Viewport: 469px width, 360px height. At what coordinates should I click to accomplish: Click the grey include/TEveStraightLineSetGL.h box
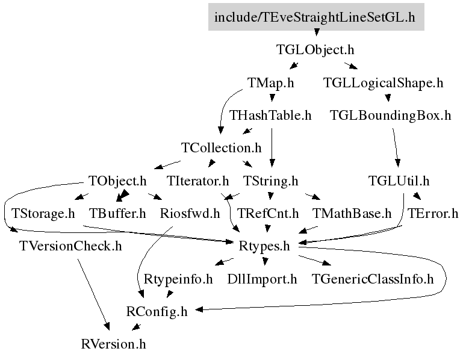coord(316,17)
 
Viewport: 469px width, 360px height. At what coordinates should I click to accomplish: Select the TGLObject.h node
coord(315,49)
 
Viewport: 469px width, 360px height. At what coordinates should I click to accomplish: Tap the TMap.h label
coord(271,82)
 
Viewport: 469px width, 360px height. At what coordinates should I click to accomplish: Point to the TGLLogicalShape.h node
coord(383,82)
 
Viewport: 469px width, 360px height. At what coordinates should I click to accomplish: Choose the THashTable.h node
coord(270,115)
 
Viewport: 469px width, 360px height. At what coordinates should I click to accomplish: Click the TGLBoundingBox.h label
coord(390,115)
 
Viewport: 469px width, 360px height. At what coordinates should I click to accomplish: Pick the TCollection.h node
coord(222,147)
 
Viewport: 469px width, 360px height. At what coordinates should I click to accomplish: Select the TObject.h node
coord(117,181)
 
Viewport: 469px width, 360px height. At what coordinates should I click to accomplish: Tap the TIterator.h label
coord(197,181)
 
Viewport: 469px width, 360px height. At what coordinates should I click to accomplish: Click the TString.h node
coord(271,181)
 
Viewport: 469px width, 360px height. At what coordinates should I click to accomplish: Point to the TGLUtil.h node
coord(399,181)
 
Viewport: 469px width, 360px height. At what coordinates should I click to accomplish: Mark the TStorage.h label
coord(43,213)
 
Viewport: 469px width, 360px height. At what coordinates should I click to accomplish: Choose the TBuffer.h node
coord(117,213)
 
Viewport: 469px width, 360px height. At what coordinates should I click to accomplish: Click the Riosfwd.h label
coord(190,213)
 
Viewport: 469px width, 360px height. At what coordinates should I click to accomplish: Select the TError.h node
coord(433,213)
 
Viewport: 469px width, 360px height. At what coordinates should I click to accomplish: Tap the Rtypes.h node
coord(264,246)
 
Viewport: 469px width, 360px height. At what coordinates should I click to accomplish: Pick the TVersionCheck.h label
coord(70,246)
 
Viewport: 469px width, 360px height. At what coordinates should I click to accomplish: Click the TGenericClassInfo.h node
coord(373,279)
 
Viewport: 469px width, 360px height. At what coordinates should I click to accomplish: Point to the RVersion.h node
coord(114,344)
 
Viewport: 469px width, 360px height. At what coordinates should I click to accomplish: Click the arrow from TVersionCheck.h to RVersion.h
coord(93,294)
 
